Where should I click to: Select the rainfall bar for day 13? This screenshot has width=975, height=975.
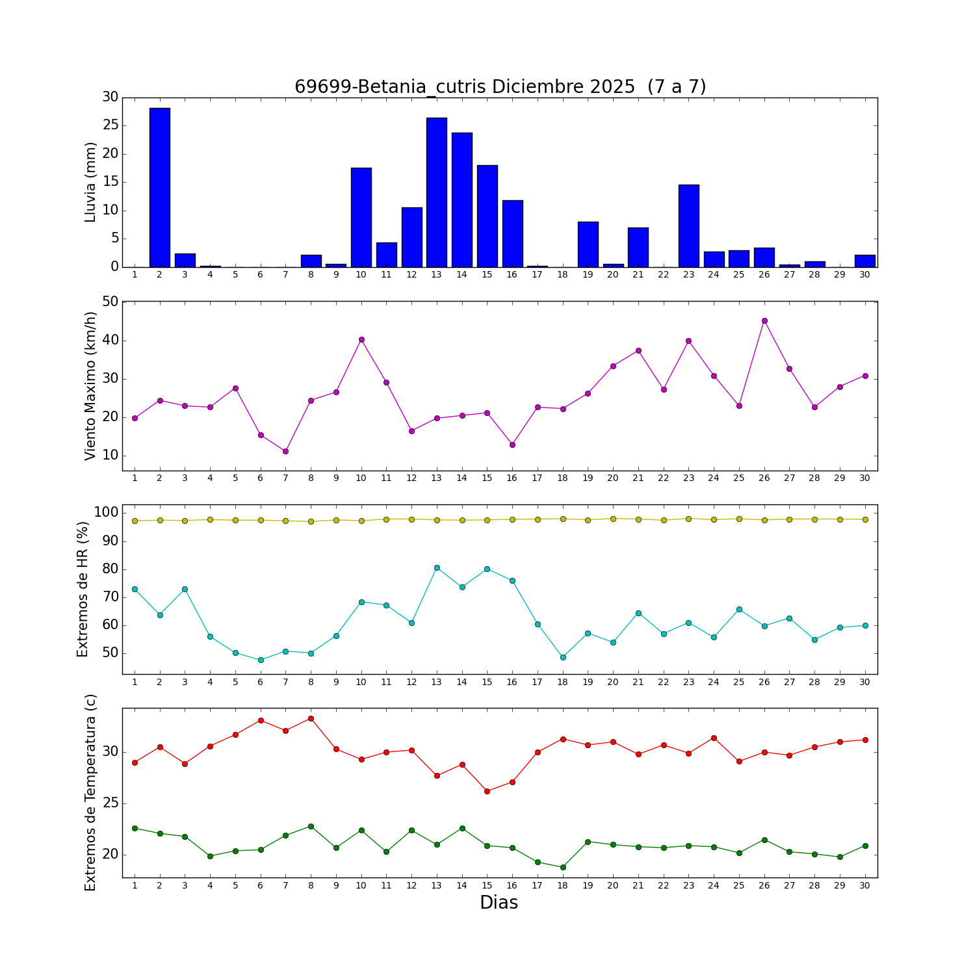coord(437,192)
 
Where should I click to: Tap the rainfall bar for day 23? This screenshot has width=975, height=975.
coord(688,226)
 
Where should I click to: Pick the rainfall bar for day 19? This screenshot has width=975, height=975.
coord(588,244)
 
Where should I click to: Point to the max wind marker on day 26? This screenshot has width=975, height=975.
coord(764,320)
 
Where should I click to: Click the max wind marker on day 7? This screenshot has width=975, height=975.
coord(285,451)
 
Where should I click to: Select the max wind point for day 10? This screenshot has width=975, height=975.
coord(361,339)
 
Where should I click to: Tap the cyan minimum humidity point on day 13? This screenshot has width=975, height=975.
coord(437,567)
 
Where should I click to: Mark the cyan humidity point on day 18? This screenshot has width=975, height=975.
coord(563,657)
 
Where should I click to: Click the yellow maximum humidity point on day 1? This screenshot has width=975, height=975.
coord(135,521)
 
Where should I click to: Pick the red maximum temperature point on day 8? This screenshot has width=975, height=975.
coord(311,718)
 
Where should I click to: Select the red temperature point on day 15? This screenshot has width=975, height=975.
coord(487,791)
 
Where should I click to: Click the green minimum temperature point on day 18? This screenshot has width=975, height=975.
coord(563,867)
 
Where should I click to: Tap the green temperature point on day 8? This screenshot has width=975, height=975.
coord(311,826)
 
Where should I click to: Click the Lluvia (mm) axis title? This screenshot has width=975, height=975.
coord(90,182)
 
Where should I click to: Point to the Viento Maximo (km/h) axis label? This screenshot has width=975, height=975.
coord(90,386)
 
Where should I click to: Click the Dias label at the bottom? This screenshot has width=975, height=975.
coord(499,902)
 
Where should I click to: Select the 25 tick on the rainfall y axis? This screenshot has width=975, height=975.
coord(110,125)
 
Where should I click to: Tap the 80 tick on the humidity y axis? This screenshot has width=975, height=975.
coord(110,569)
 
